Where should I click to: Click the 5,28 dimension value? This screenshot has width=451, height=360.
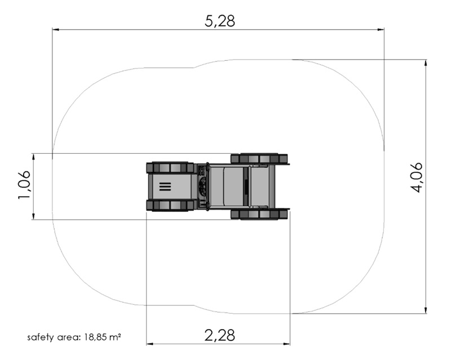click(220, 21)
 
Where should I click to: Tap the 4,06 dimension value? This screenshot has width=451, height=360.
click(416, 177)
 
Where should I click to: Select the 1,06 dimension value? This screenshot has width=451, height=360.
click(24, 185)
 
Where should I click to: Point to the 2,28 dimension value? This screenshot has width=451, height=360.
click(220, 335)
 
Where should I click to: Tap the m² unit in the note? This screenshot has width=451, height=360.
click(116, 336)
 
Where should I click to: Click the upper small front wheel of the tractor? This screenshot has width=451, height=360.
click(170, 167)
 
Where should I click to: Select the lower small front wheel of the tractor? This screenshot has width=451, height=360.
click(170, 206)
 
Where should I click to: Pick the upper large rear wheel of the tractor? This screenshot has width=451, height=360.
click(259, 158)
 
